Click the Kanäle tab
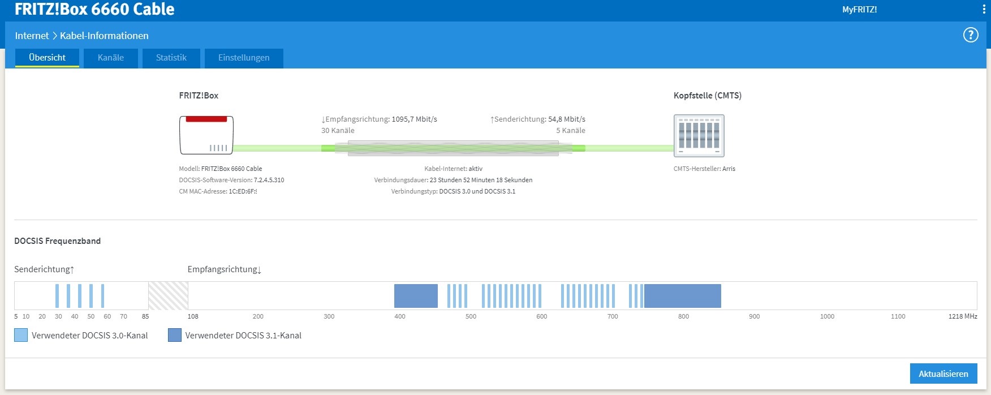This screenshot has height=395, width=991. click(x=111, y=58)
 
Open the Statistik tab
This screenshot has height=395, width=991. click(x=171, y=58)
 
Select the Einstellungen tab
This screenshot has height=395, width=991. click(x=244, y=58)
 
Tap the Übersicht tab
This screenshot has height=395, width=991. click(x=47, y=58)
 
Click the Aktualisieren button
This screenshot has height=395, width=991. click(x=943, y=374)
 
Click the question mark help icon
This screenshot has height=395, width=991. click(x=971, y=35)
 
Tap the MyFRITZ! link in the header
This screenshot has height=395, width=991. click(x=859, y=10)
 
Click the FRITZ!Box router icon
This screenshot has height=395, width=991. click(x=206, y=135)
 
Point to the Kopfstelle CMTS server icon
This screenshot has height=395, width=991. click(x=699, y=136)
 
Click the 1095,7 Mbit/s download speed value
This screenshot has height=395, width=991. click(x=415, y=119)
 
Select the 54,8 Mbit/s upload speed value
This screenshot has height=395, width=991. click(x=567, y=119)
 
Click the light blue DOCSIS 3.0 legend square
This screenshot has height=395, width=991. click(x=21, y=335)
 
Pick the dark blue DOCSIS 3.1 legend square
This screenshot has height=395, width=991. click(x=175, y=335)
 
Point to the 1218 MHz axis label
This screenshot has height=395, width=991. click(x=963, y=316)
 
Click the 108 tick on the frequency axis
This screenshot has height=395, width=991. click(x=193, y=316)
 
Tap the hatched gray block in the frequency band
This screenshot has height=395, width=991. click(x=168, y=295)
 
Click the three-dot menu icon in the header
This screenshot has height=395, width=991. click(x=984, y=10)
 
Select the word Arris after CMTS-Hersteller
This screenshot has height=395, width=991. click(x=729, y=169)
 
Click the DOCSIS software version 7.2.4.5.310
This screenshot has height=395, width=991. click(x=269, y=180)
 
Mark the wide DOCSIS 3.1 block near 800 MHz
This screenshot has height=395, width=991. click(x=683, y=296)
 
